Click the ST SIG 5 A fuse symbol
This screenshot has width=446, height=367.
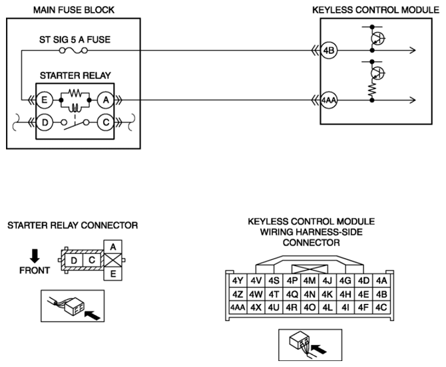73,51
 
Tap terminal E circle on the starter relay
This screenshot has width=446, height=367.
45,100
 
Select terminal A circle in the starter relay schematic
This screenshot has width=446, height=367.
106,100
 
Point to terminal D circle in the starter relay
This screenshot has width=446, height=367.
45,122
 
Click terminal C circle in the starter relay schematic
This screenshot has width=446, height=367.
106,122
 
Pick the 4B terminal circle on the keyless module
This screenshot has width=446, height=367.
329,51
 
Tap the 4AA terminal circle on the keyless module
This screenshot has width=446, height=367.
329,100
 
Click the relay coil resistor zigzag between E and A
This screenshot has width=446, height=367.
75,93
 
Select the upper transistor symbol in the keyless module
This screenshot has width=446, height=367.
377,38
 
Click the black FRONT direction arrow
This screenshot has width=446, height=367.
35,256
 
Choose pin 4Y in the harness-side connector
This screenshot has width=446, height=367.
238,281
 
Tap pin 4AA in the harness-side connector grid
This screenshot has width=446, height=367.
238,307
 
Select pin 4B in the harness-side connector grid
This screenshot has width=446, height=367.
381,294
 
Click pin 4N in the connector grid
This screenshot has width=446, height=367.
310,294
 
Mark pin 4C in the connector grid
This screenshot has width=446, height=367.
381,307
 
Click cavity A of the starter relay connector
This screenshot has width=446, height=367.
113,247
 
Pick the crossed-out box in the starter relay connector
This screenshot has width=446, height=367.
113,260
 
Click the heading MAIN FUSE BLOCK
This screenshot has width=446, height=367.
74,10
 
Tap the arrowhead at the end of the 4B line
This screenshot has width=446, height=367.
413,51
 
